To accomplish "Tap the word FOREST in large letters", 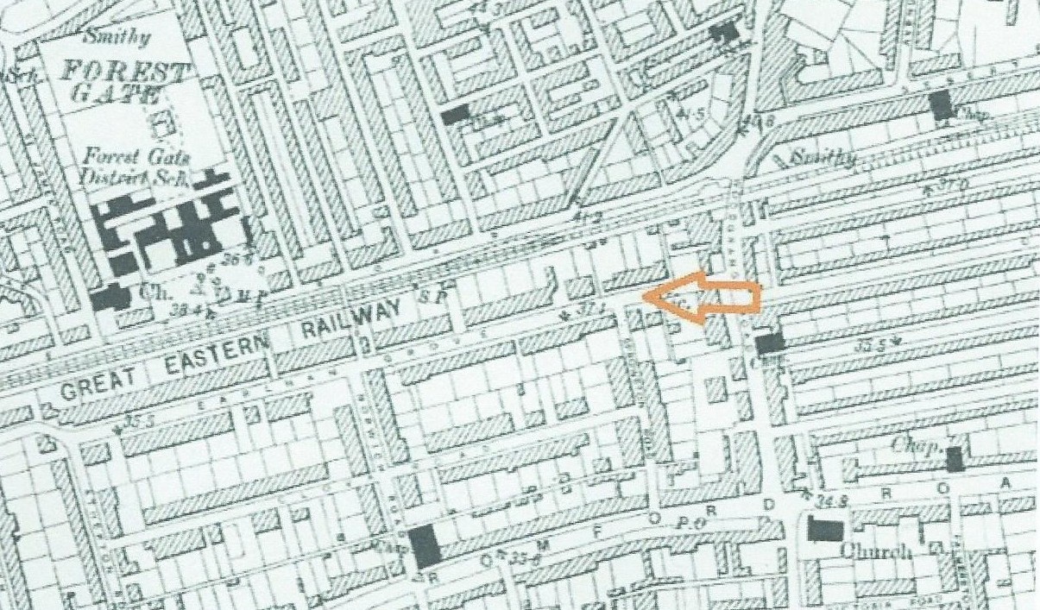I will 123,72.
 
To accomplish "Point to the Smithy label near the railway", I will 823,158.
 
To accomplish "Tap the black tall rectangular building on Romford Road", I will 425,547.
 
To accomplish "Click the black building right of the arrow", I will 770,343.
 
